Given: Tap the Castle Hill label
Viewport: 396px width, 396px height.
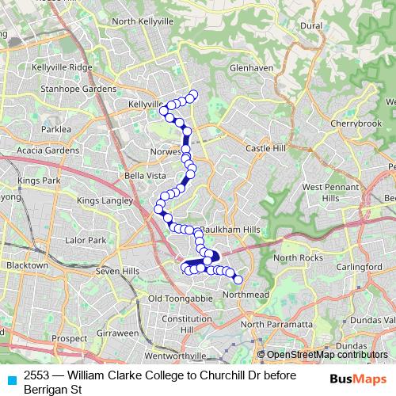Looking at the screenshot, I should (265, 148).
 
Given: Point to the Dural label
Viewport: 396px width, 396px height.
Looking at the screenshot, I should (311, 25).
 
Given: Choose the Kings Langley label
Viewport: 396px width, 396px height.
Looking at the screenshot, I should (104, 201).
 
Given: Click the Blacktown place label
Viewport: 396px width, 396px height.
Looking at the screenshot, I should (26, 267).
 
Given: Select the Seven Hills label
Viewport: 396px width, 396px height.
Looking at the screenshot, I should (117, 271).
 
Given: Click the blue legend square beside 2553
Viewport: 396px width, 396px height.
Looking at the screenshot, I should (11, 379).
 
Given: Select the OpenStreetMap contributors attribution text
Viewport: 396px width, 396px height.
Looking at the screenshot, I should (326, 354).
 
